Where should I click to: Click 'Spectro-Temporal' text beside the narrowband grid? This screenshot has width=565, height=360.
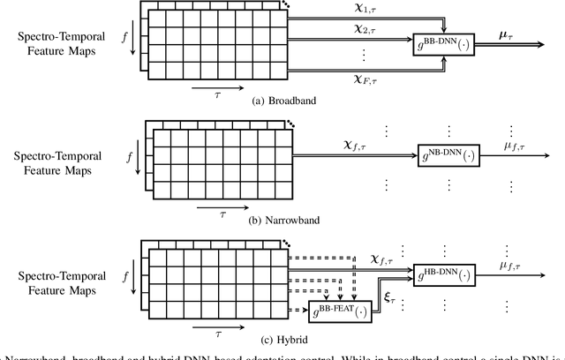point(58,155)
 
